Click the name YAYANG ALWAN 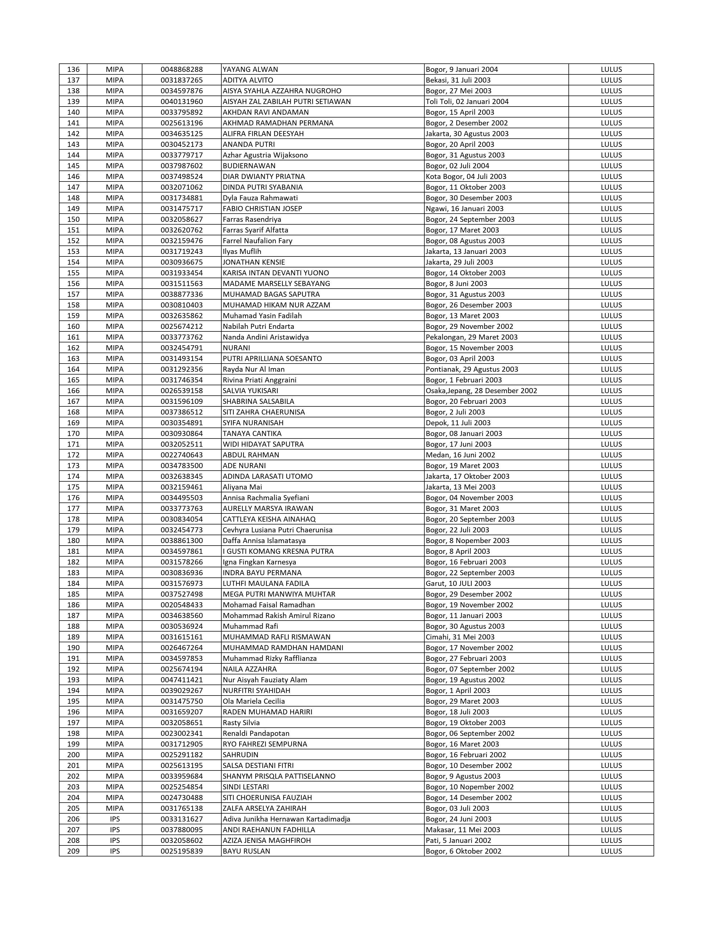(250, 69)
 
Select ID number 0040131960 (182, 101)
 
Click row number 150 (73, 219)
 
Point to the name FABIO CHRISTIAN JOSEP (263, 209)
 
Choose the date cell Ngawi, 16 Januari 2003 (464, 209)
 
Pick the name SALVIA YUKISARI (250, 391)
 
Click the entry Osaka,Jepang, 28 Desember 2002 (481, 391)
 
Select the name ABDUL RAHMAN (251, 455)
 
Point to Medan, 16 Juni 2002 (460, 455)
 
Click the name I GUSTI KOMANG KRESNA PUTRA (278, 551)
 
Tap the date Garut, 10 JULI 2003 (458, 583)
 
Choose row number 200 (73, 754)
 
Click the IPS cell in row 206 (114, 819)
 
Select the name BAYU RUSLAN (247, 851)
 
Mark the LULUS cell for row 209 (611, 851)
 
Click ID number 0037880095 (182, 829)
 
